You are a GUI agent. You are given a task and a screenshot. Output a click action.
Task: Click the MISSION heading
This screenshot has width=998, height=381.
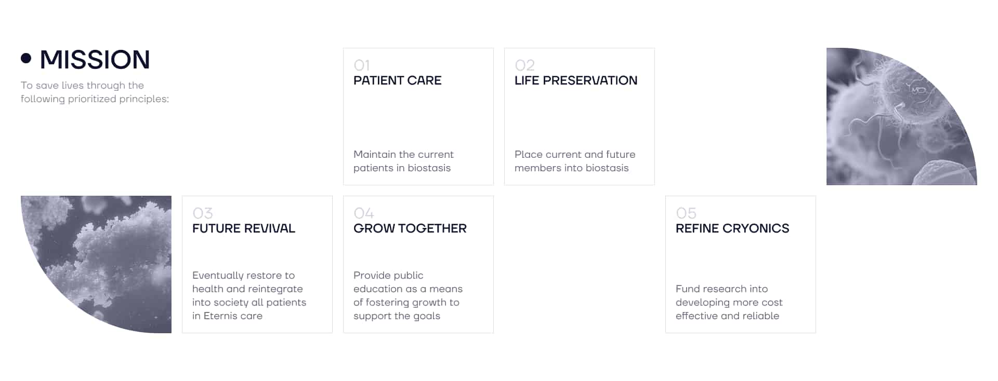(x=95, y=59)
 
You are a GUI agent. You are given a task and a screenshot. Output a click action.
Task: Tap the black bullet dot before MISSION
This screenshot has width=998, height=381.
(x=26, y=58)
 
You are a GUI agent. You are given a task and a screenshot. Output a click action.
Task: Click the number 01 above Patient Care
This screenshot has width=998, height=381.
(x=362, y=65)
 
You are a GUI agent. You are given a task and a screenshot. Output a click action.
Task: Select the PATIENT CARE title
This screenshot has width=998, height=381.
(x=397, y=80)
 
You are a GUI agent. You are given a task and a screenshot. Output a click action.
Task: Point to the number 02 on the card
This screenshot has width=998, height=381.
(x=524, y=65)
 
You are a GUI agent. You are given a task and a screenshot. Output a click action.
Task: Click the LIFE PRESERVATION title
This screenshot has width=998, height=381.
(x=576, y=80)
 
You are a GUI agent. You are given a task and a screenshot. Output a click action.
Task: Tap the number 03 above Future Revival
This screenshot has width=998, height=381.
(x=203, y=213)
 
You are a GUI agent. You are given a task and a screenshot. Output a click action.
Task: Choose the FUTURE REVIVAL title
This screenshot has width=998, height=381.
(x=244, y=228)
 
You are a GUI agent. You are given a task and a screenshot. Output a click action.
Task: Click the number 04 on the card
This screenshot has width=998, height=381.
(x=364, y=213)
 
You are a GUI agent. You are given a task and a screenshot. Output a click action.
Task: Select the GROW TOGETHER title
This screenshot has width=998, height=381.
(x=410, y=228)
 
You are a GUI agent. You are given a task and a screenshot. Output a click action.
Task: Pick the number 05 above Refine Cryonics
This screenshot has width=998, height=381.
(x=686, y=213)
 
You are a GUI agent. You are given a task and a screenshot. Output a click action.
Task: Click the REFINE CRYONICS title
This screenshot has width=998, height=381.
(x=732, y=228)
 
